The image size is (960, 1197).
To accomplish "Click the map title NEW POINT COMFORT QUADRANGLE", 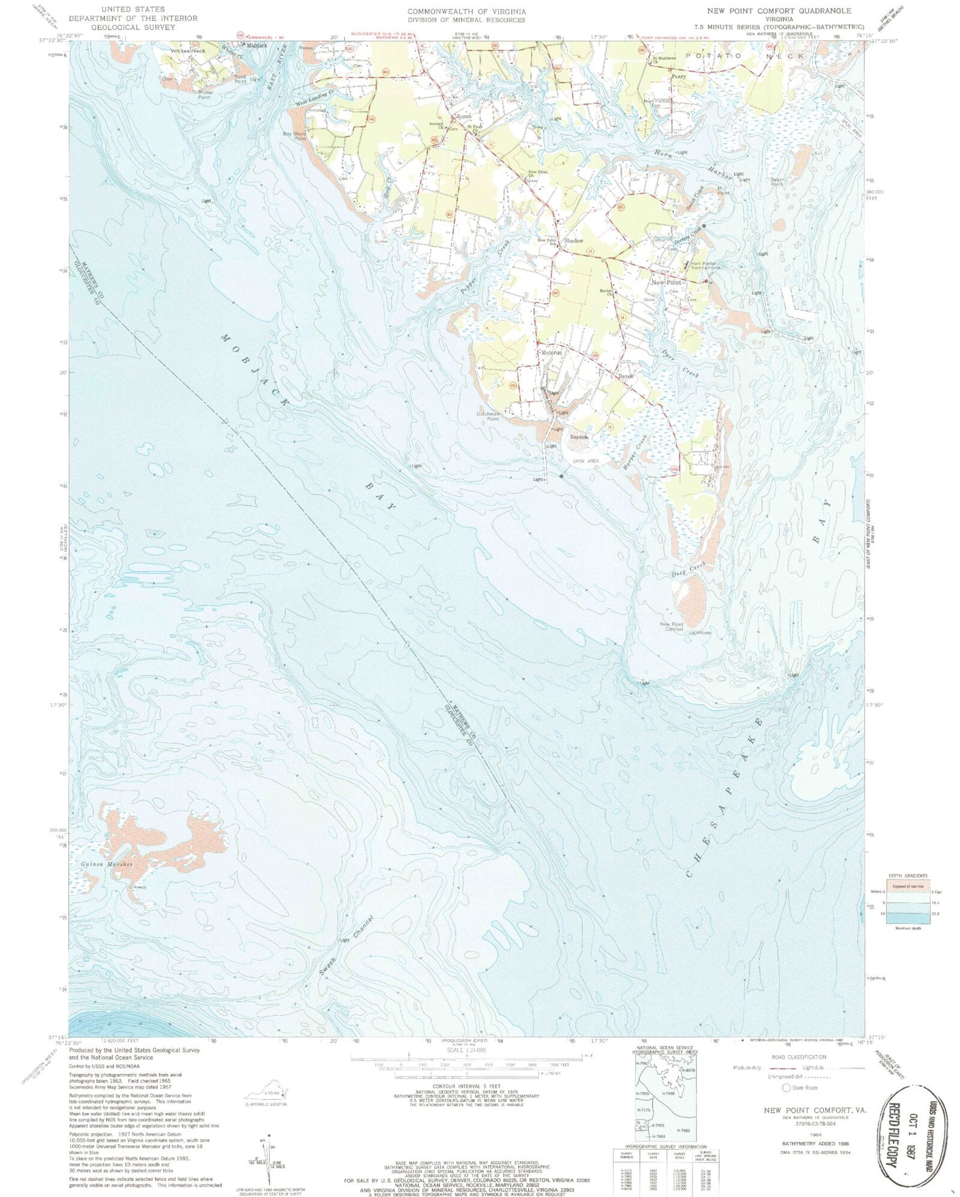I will (779, 11).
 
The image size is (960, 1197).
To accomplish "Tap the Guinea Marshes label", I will (107, 864).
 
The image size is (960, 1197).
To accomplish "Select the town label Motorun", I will (551, 353).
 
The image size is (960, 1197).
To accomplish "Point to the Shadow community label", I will (573, 241).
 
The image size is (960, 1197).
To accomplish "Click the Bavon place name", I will (625, 376).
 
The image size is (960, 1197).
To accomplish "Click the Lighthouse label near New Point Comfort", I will (700, 632).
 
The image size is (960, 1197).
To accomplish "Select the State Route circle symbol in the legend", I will (786, 1088).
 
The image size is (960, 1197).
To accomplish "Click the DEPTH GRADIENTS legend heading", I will (907, 875).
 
